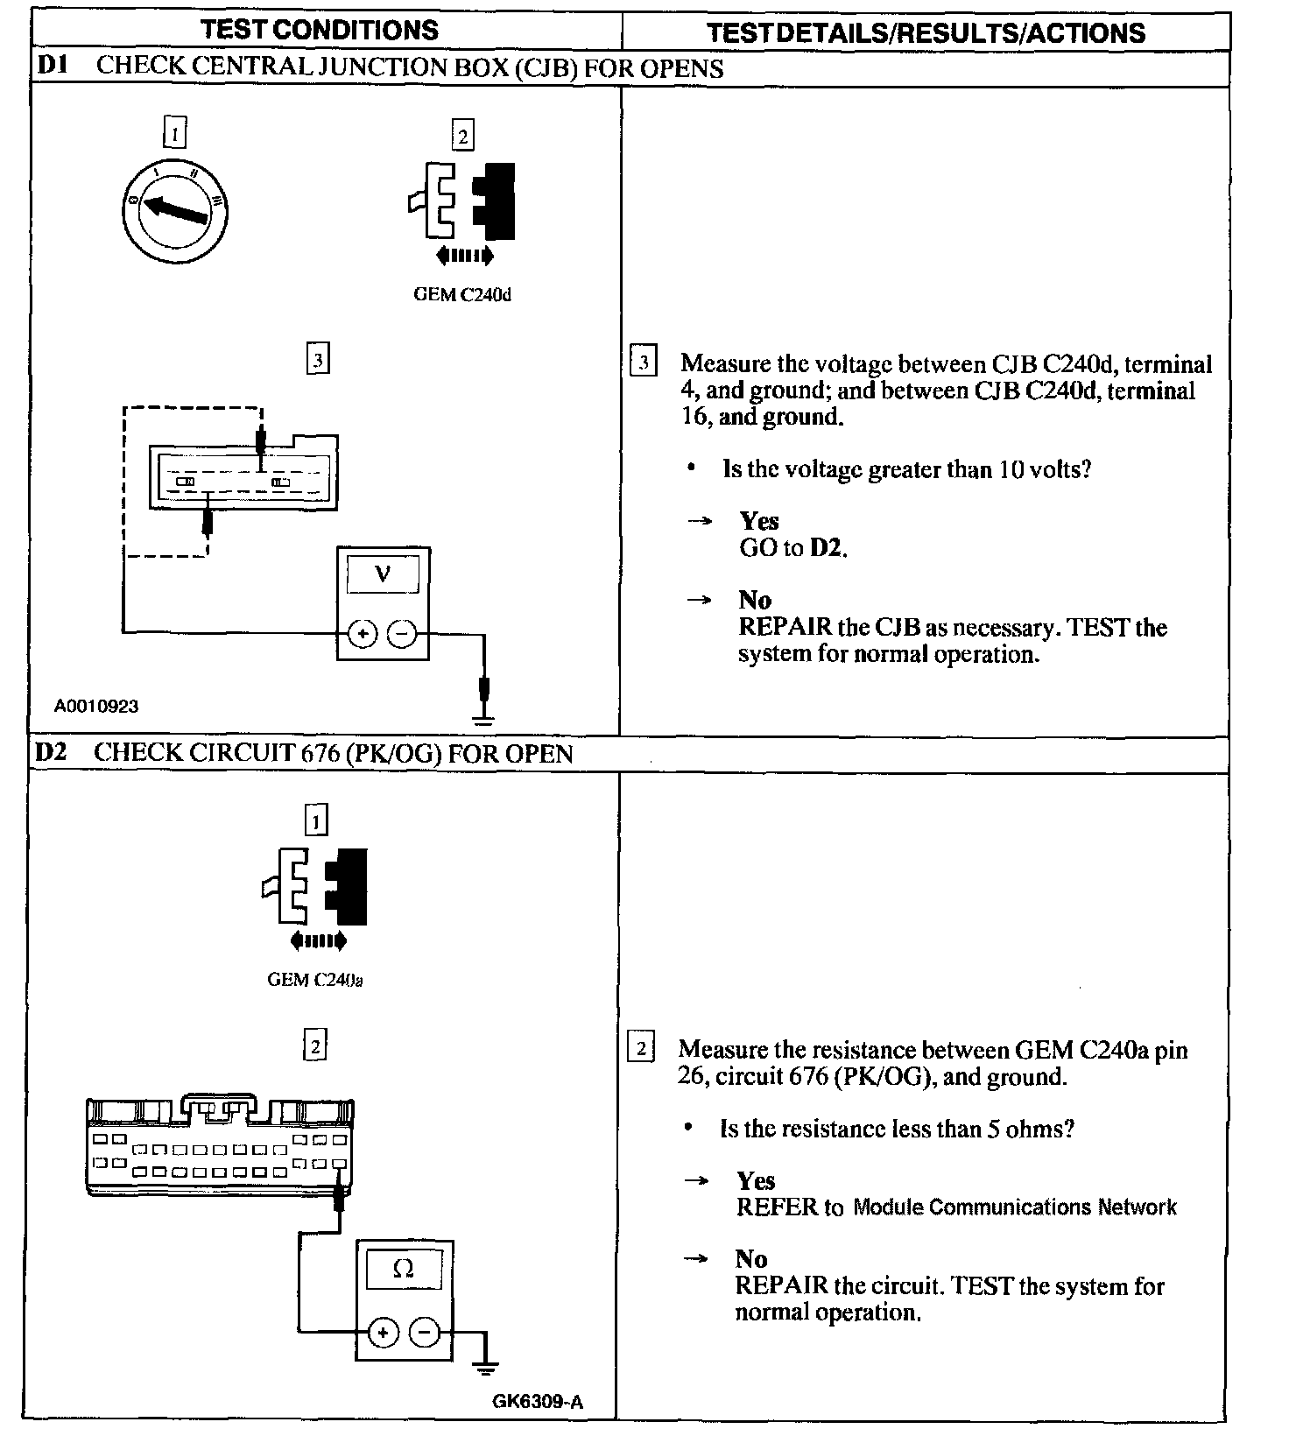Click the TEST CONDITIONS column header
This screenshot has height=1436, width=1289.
click(320, 30)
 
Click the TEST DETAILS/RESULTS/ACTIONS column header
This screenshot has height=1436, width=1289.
click(926, 33)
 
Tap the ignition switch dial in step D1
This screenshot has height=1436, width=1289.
click(175, 208)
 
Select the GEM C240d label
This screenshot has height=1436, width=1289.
click(462, 295)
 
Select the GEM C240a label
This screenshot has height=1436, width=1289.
click(315, 980)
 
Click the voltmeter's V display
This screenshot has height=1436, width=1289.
click(383, 574)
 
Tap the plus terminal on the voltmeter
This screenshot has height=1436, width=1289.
click(363, 634)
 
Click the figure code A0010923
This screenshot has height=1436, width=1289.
click(96, 706)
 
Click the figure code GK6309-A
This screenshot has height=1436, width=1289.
click(538, 1402)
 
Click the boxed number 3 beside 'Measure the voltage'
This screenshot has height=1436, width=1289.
click(644, 363)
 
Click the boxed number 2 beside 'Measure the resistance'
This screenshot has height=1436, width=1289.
click(641, 1048)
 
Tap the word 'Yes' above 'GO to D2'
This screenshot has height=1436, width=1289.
click(758, 522)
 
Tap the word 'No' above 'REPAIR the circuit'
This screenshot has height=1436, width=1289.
click(751, 1259)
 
